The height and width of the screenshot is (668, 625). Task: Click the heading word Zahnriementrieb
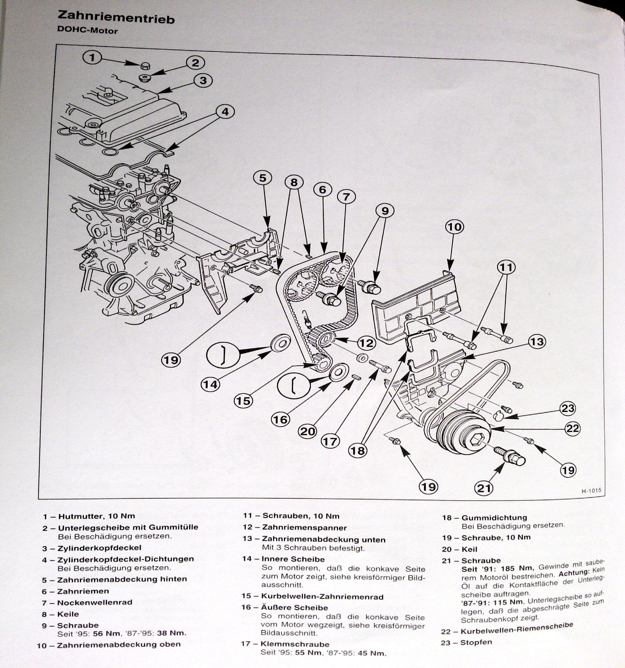(x=116, y=17)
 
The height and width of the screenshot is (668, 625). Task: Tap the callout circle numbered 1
(x=92, y=57)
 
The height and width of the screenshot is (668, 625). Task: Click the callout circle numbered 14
(x=210, y=384)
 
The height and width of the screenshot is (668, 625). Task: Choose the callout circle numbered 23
(x=568, y=408)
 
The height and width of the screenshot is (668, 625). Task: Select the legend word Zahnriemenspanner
(x=304, y=528)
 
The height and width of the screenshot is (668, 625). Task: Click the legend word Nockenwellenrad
(x=95, y=603)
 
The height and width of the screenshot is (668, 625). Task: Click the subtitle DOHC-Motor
(x=88, y=31)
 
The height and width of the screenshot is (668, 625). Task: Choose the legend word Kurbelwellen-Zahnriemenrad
(x=323, y=597)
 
